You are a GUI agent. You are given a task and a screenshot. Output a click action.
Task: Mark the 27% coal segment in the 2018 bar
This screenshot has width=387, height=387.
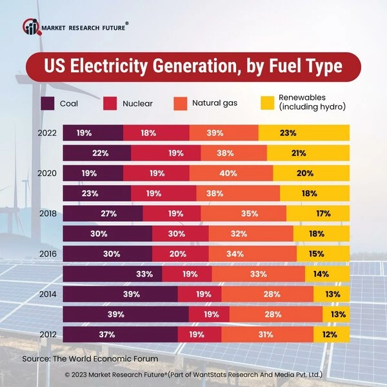(103, 213)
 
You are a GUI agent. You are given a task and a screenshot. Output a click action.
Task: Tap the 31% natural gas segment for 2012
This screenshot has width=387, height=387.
(267, 335)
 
